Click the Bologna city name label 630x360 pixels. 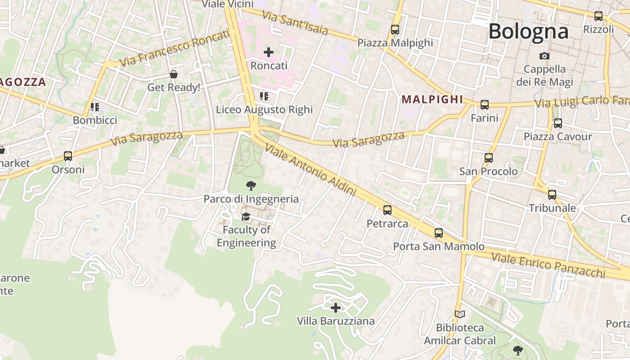[528, 31]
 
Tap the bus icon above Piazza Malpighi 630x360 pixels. [395, 30]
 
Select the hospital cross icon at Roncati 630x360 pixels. [269, 52]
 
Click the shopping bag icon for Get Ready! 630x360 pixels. [174, 74]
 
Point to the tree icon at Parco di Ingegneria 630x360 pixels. [251, 185]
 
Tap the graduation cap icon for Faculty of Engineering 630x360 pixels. [246, 217]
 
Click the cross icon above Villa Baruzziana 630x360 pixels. [336, 308]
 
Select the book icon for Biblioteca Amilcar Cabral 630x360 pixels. [459, 314]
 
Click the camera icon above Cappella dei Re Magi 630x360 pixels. [544, 56]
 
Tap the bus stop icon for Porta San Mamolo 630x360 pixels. [439, 233]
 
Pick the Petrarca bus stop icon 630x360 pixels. [387, 210]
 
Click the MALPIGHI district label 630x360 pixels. [432, 99]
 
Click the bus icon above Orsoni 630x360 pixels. [68, 156]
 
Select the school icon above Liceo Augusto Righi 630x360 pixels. [264, 96]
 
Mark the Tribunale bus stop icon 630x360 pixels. [552, 195]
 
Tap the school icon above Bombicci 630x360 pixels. [95, 107]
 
